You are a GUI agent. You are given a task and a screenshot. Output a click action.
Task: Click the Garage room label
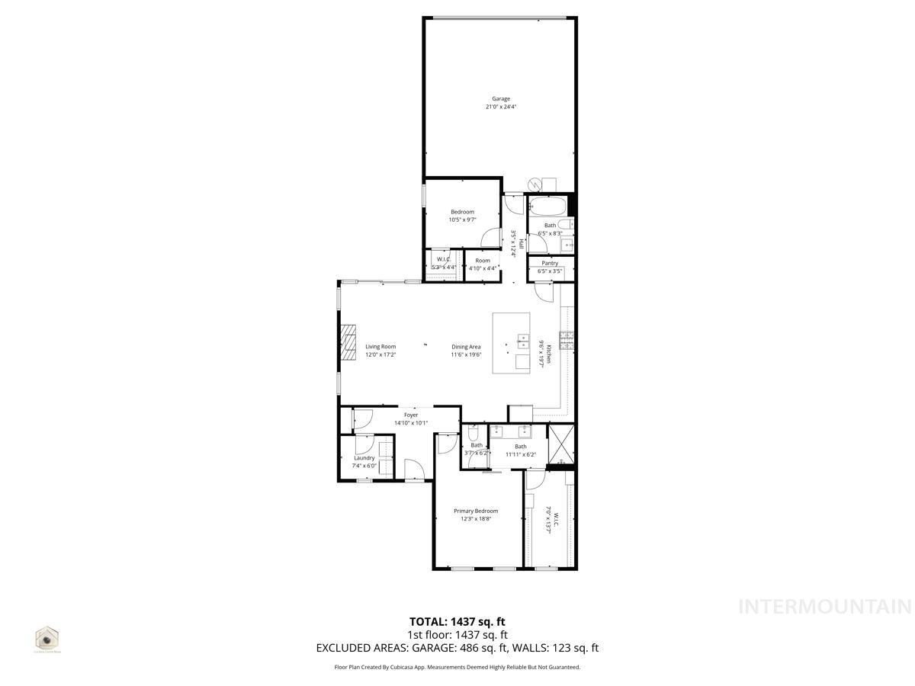click(x=500, y=98)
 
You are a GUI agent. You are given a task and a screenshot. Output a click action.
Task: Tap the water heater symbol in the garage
click(x=536, y=184)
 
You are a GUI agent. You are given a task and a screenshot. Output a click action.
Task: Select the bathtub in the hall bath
click(x=547, y=206)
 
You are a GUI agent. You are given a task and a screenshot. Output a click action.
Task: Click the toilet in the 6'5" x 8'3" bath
click(x=565, y=224)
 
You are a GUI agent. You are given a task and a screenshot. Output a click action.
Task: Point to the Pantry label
click(x=550, y=263)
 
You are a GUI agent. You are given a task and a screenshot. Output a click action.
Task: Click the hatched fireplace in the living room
click(x=348, y=341)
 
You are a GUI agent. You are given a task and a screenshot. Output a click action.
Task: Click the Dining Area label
click(x=466, y=347)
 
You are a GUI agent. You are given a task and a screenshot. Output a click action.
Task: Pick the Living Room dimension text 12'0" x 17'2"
click(x=380, y=354)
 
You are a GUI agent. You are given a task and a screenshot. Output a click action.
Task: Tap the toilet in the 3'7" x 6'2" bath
click(x=473, y=434)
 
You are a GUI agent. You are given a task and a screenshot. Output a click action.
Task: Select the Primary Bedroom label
click(x=476, y=511)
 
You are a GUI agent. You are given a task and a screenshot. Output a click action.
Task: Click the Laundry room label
click(x=364, y=458)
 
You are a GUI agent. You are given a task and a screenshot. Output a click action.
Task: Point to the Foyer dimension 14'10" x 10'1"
click(x=411, y=423)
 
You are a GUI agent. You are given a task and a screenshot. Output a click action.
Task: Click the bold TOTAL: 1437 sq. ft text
click(x=457, y=621)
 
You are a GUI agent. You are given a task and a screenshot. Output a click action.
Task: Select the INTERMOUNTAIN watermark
click(x=825, y=607)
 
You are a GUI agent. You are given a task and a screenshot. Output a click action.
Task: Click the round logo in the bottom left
click(x=47, y=637)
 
